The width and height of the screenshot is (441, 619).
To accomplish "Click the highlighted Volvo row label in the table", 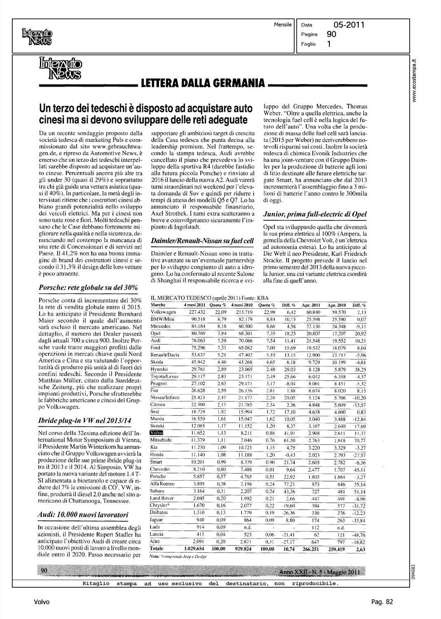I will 157,432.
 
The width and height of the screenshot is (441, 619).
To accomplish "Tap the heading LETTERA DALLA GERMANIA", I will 202,85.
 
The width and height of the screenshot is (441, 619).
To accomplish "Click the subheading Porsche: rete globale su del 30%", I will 88,287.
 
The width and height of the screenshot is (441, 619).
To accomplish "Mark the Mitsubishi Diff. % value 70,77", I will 359,440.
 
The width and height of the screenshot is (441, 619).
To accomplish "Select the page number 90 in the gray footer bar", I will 45,570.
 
